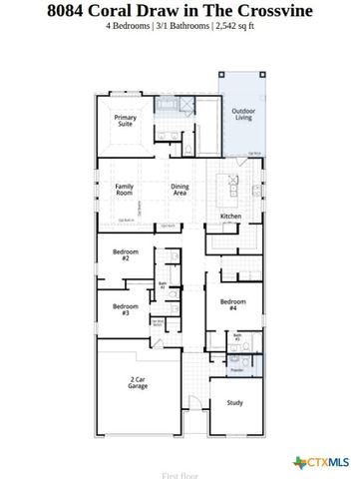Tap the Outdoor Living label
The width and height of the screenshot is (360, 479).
point(242,115)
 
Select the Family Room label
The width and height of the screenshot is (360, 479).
point(124,189)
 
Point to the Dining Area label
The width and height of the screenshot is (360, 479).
point(180,189)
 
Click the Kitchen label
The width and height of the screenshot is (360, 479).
point(230,216)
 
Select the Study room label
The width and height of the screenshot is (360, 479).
point(235,402)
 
